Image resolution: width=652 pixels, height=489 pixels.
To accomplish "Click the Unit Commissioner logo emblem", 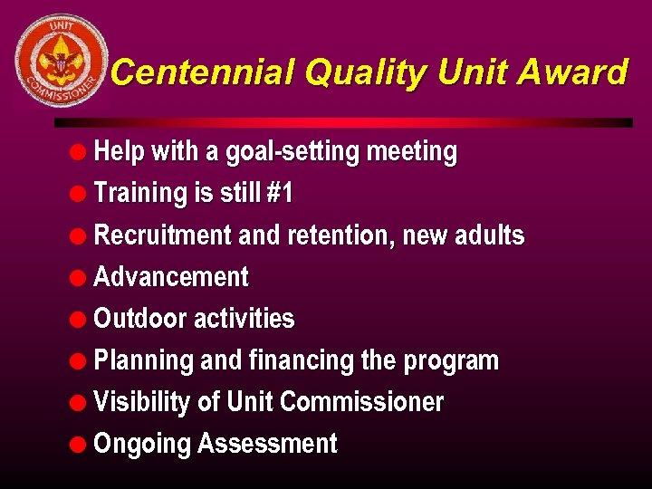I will click(x=61, y=61).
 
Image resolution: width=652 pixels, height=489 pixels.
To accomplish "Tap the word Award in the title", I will click(x=577, y=72).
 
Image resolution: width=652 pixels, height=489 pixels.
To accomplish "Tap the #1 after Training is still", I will click(x=280, y=194).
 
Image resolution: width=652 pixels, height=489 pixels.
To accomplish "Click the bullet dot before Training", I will click(x=81, y=194).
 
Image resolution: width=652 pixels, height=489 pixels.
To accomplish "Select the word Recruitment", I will click(x=163, y=235).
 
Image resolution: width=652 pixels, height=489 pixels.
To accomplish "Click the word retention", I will click(x=340, y=235).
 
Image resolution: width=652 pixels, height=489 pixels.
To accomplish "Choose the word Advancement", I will click(x=171, y=277).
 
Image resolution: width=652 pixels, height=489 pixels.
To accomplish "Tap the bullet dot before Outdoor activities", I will click(x=81, y=319).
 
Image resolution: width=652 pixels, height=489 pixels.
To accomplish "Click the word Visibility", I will click(x=142, y=402).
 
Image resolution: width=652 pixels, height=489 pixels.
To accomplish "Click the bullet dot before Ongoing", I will click(x=81, y=444).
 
